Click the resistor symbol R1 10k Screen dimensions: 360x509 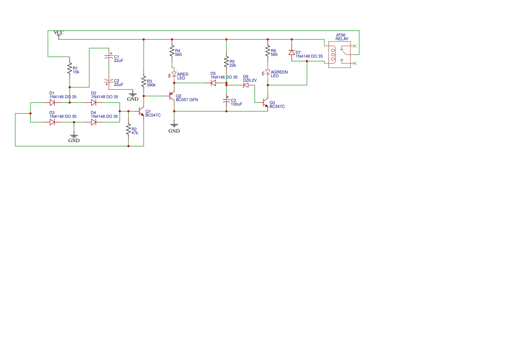[69, 68]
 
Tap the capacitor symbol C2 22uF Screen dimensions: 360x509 [109, 82]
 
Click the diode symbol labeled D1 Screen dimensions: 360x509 [52, 103]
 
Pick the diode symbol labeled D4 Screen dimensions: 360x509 [94, 122]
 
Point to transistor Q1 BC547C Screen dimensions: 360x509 [141, 112]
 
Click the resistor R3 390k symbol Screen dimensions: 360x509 [143, 81]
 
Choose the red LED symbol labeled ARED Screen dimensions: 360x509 [174, 75]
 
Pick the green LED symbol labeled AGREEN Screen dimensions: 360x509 [268, 72]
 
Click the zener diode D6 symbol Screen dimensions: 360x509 [246, 85]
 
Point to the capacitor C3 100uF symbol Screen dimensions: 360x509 [226, 101]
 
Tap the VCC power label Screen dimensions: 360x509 [58, 33]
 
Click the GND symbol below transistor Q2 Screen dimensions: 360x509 [174, 126]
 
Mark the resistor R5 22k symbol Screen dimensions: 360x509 [226, 62]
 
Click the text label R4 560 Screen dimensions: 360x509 [178, 53]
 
